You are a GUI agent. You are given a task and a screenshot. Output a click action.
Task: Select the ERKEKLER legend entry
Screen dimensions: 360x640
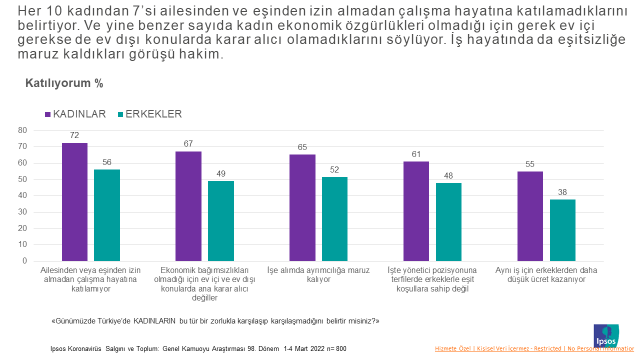(147, 113)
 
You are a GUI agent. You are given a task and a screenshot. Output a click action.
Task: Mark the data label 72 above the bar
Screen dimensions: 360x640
(75, 135)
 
